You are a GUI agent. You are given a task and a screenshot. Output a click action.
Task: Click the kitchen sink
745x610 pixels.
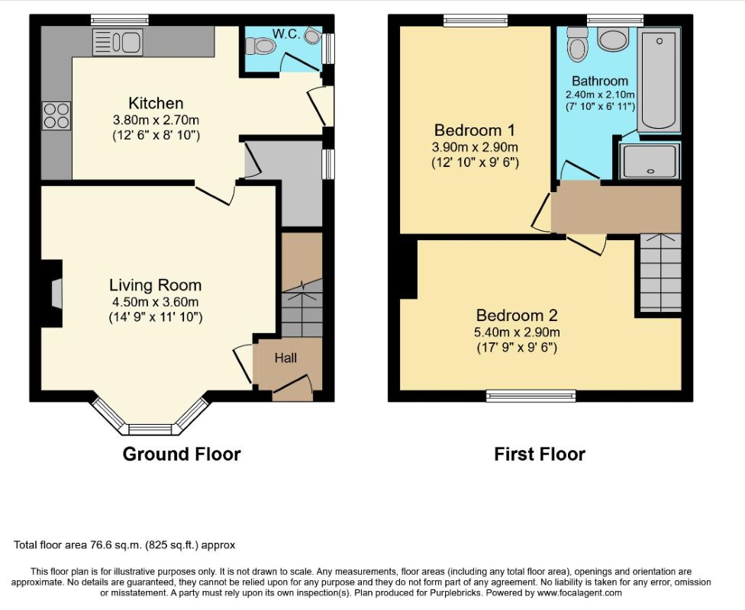118,42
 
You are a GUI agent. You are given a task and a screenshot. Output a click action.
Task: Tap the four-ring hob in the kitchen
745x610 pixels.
56,116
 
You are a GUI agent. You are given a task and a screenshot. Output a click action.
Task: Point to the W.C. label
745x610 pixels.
286,34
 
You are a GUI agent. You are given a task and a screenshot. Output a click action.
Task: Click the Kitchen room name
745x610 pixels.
156,103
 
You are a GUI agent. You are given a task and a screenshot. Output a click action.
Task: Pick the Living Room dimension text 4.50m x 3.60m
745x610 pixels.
156,302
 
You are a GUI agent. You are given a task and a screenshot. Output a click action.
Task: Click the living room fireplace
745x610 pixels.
52,294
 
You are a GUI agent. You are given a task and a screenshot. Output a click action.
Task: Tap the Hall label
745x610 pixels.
285,358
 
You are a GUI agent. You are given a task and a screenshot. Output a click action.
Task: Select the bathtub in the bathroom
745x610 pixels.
659,80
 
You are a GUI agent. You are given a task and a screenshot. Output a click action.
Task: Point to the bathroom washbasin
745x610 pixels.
614,38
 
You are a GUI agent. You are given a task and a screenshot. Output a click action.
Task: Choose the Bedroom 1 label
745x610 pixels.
475,130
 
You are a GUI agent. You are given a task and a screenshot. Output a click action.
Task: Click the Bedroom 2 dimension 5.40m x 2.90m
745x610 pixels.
517,332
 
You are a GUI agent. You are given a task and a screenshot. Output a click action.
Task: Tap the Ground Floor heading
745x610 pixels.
182,454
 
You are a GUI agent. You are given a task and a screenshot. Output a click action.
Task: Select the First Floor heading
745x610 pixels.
540,454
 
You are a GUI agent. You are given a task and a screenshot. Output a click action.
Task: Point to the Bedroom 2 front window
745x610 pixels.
531,396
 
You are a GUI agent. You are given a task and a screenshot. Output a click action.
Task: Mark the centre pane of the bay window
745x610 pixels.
150,429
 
